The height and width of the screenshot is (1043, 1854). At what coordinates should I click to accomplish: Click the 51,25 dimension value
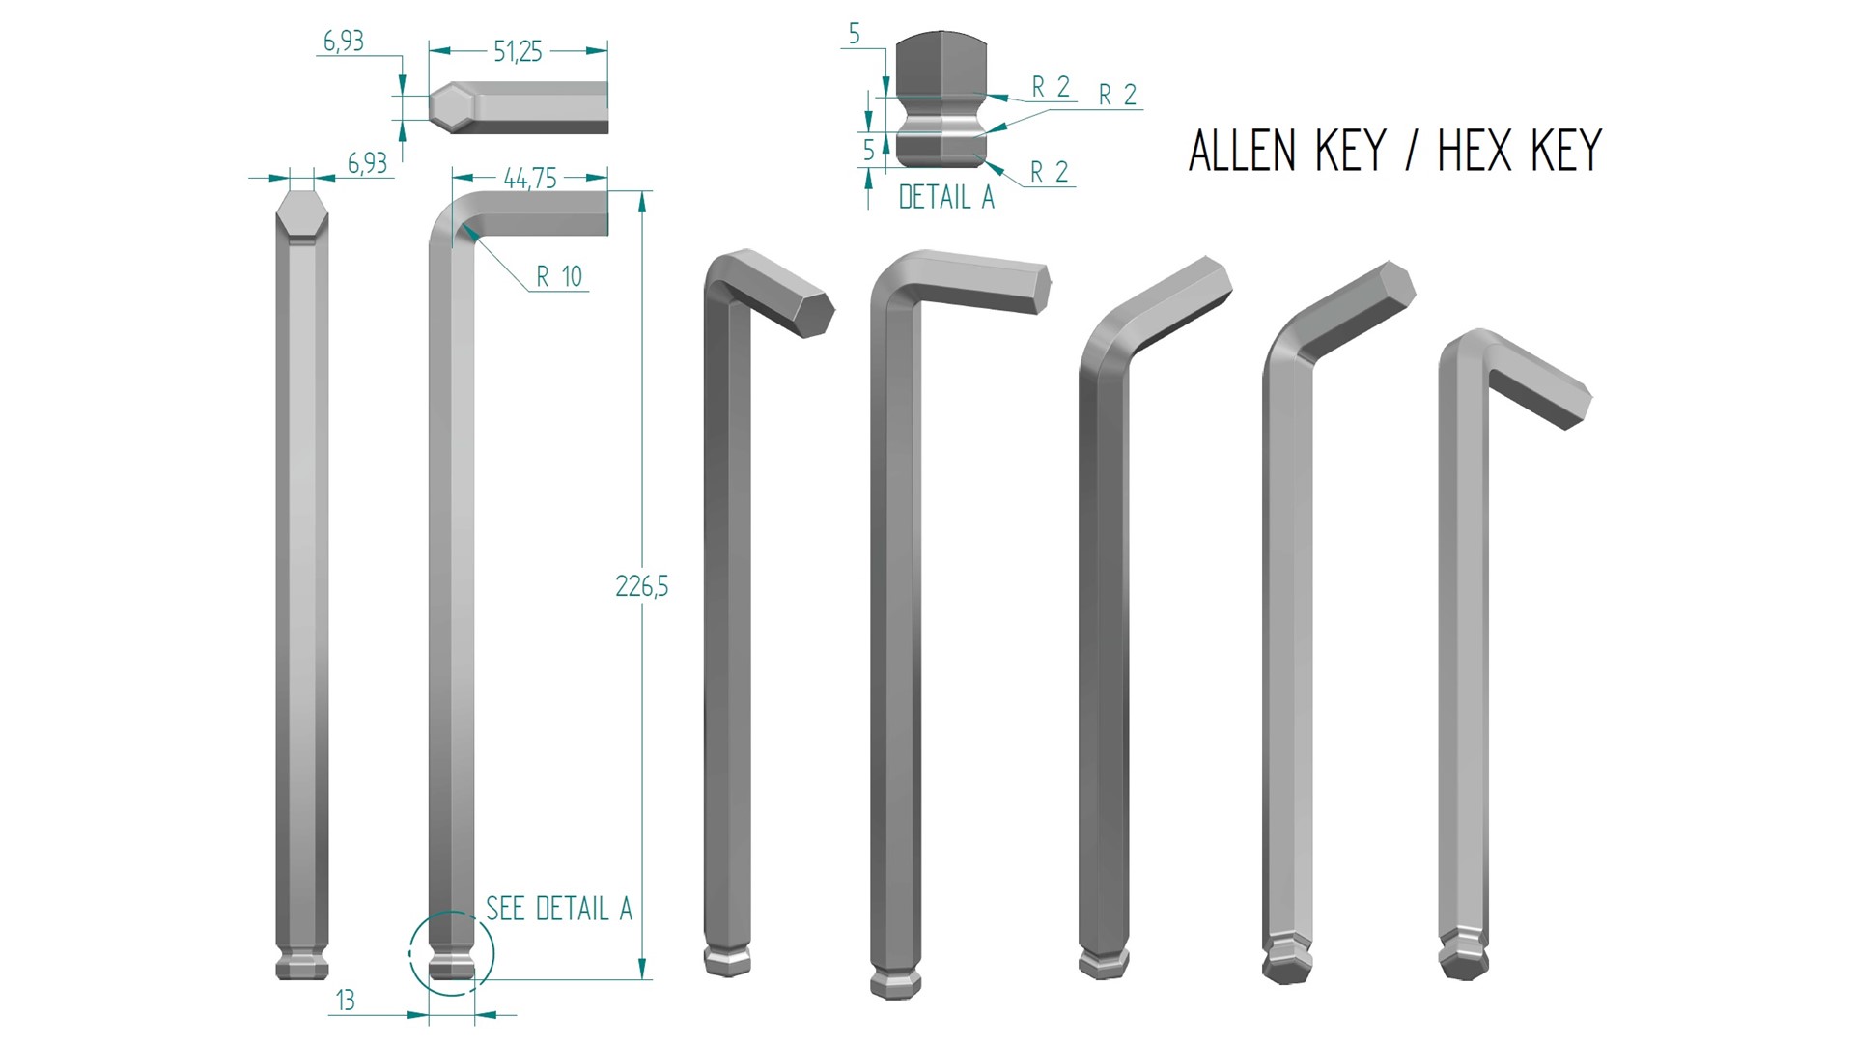518,52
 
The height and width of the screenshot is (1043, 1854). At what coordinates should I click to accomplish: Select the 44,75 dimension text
530,179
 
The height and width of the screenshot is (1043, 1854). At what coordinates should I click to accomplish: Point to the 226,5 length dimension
641,586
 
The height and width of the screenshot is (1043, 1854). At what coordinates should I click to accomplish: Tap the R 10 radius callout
559,277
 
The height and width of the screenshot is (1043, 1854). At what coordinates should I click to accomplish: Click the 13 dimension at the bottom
345,1001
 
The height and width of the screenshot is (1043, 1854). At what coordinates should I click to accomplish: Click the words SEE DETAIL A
558,909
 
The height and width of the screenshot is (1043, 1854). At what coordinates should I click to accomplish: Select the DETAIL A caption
945,198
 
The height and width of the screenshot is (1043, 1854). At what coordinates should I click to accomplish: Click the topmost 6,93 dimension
343,42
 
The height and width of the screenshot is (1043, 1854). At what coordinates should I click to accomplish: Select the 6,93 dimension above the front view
367,163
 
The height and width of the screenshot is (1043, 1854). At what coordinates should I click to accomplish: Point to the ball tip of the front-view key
302,967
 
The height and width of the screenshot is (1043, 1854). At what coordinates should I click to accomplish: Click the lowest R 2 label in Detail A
1049,172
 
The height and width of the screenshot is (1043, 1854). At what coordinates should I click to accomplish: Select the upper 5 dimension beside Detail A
854,35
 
